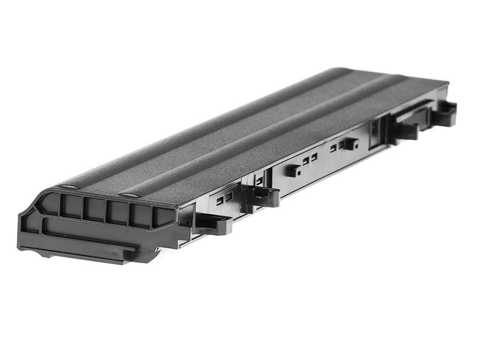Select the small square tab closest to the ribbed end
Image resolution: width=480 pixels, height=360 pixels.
[293, 170]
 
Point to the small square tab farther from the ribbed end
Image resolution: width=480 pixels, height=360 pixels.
[350, 143]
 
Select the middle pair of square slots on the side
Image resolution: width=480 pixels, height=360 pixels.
[309, 158]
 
